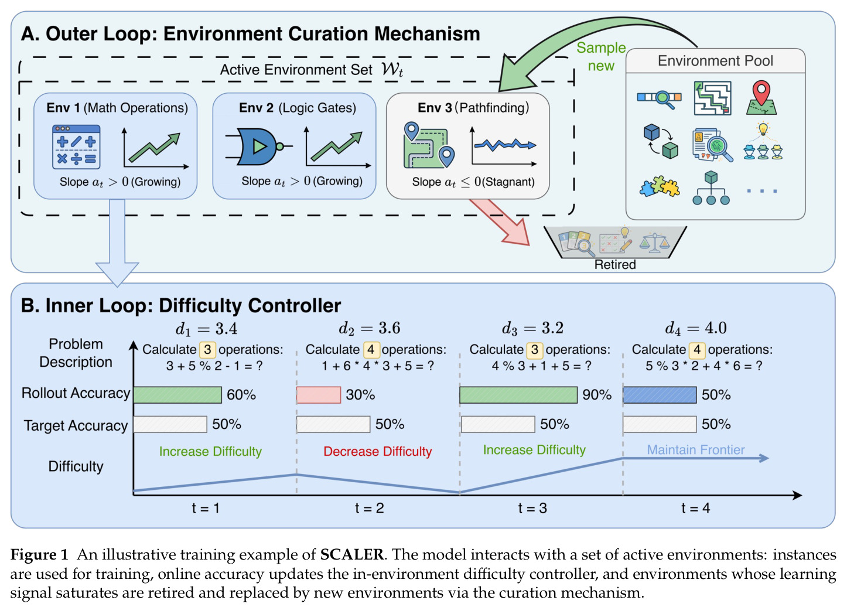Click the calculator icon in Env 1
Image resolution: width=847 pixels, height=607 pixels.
click(76, 147)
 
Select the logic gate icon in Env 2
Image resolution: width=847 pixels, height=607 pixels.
click(259, 146)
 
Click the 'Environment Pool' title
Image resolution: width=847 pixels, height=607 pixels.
click(715, 60)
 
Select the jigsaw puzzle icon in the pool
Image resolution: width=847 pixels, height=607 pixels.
click(660, 186)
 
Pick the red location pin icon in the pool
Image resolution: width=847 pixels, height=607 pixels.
click(761, 97)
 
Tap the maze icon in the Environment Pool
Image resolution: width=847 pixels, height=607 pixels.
click(712, 98)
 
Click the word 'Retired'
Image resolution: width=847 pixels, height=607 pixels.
click(615, 264)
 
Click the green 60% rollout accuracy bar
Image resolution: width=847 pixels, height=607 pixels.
click(177, 395)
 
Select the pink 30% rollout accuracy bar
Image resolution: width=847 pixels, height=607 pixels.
click(319, 395)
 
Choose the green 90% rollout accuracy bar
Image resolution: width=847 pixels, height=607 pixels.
click(518, 395)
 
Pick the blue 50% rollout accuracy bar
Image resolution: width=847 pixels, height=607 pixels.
click(660, 395)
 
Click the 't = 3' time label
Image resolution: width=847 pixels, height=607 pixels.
click(532, 508)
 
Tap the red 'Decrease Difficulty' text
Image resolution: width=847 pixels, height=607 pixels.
click(377, 451)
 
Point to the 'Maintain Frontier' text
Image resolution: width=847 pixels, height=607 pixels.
click(696, 449)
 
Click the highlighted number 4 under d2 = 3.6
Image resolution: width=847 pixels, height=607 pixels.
click(371, 349)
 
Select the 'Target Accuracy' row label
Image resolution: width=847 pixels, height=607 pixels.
click(76, 425)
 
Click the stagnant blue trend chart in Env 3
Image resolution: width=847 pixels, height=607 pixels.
click(504, 146)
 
